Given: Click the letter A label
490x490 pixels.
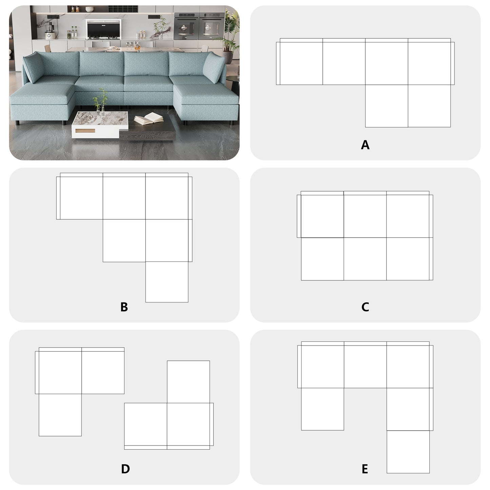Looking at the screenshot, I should tap(365, 145).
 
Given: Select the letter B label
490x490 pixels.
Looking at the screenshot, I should tap(124, 307).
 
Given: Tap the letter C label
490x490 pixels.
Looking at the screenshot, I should tap(365, 307).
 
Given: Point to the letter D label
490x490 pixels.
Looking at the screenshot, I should tap(125, 469).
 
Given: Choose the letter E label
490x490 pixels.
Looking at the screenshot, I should tap(365, 469).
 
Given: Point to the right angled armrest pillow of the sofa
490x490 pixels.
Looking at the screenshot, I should tap(214, 67).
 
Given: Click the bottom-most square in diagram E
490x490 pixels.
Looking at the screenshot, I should tap(408, 452).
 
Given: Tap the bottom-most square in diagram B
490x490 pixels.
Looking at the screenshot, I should tap(167, 282).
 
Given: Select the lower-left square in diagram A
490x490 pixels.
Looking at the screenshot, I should tap(386, 106).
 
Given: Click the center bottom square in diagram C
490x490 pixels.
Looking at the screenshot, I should tap(365, 259).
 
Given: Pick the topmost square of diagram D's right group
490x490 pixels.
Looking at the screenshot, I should tap(188, 381).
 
